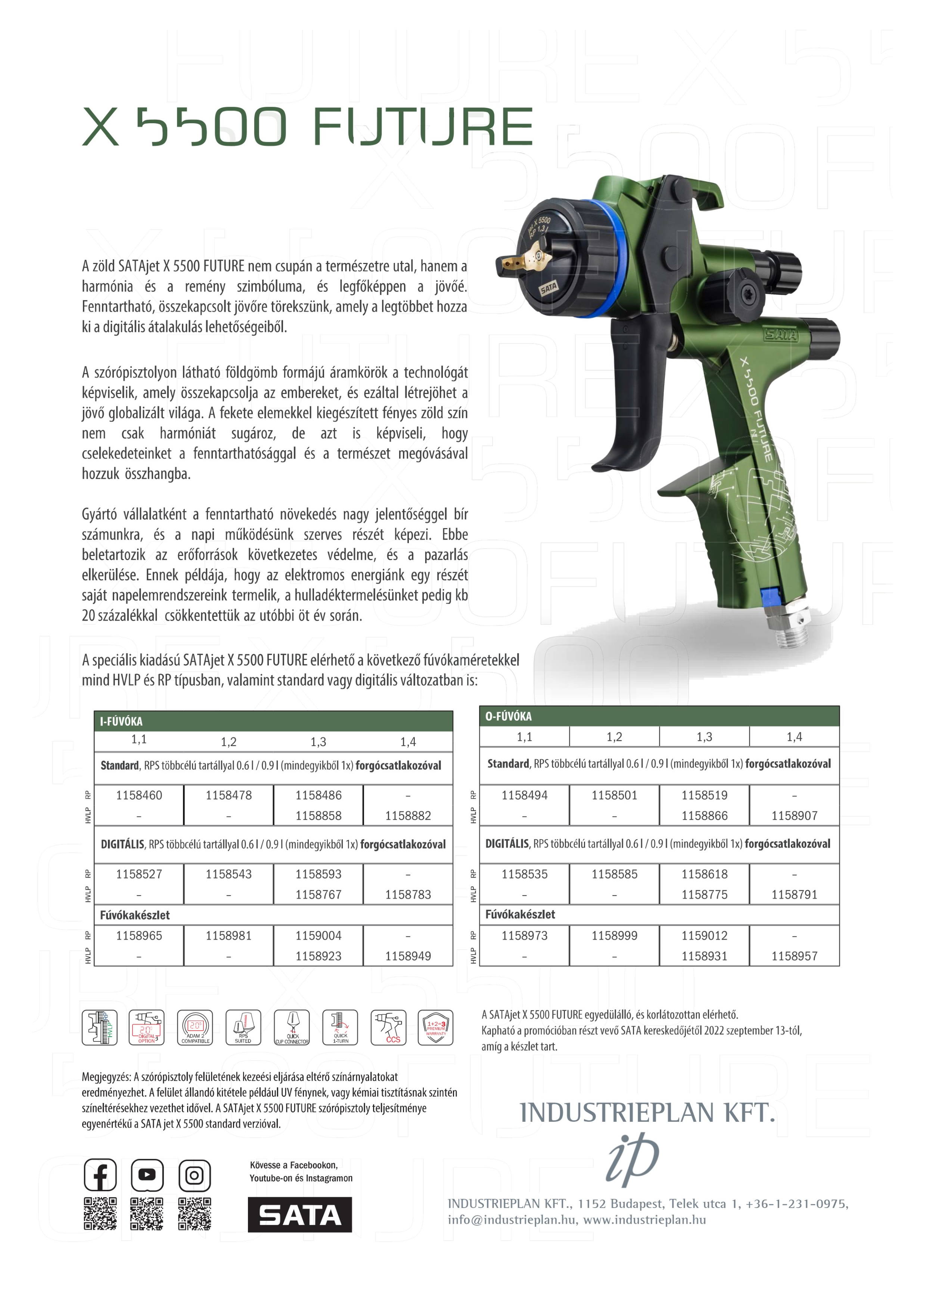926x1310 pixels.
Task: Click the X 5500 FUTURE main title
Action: tap(308, 126)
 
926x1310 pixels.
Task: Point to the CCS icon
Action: tap(389, 1027)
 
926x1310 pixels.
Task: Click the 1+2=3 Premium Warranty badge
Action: tap(436, 1027)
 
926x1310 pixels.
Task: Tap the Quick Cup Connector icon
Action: tap(292, 1027)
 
